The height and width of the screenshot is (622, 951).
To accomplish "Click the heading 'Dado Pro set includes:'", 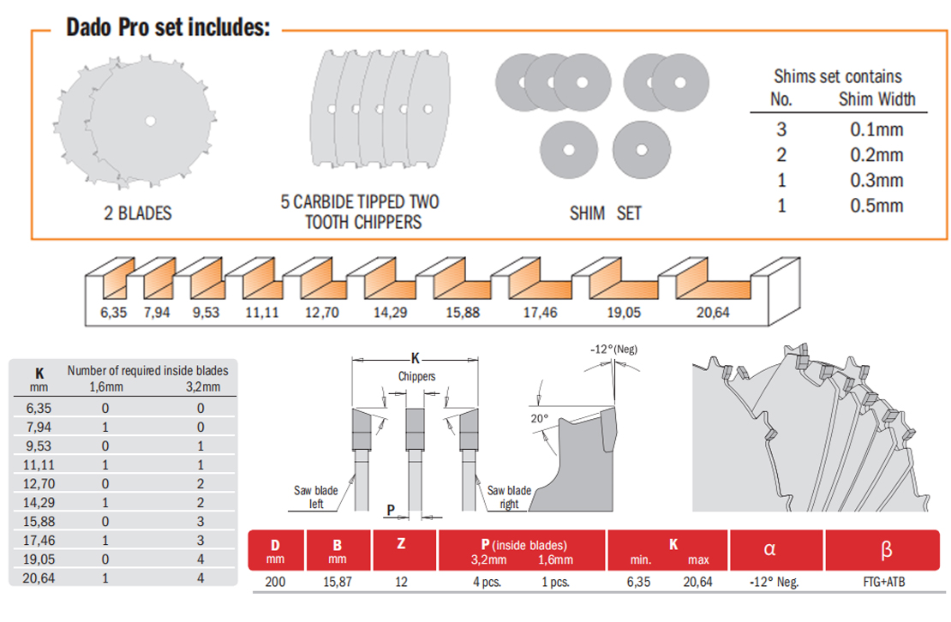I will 168,27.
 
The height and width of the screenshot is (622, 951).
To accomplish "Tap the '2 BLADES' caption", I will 137,213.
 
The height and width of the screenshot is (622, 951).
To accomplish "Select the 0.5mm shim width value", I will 876,206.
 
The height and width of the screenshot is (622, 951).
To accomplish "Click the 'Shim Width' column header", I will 876,99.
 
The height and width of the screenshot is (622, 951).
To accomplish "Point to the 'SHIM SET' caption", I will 605,213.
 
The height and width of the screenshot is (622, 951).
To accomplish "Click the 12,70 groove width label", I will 322,313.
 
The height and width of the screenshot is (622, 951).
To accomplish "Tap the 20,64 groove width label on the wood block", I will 713,313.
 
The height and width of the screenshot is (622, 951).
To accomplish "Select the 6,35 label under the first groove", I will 113,313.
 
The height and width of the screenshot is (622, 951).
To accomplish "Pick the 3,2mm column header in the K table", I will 202,387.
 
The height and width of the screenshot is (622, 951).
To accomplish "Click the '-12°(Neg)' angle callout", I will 614,349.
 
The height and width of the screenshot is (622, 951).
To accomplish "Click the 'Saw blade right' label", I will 509,497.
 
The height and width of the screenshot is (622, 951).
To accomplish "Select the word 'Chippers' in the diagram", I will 416,376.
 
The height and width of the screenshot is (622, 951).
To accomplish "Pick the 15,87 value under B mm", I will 338,582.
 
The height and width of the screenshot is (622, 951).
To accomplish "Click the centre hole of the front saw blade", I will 150,121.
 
